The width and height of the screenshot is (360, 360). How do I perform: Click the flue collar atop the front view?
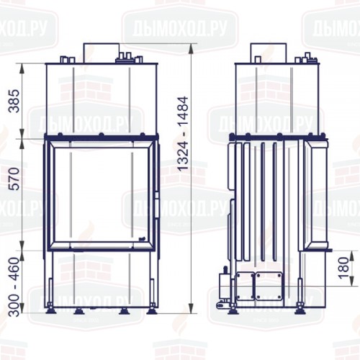pos(101,52)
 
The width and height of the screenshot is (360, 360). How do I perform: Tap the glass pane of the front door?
pos(102,194)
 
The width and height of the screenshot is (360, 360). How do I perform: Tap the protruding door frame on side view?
pos(318,194)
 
